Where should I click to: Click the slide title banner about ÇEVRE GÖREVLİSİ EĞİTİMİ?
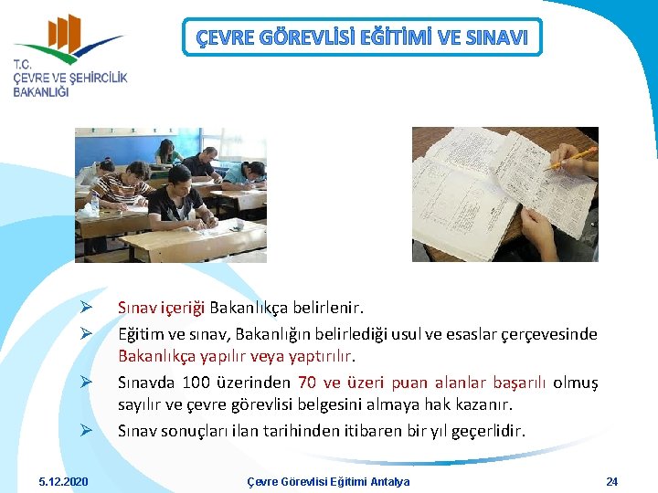click(362, 37)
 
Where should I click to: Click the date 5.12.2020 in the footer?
click(64, 481)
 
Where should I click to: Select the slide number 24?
click(612, 481)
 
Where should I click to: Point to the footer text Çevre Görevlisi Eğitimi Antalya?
click(329, 481)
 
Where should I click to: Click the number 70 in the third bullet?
click(308, 383)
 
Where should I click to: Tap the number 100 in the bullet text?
click(197, 383)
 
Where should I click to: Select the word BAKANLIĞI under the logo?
click(41, 93)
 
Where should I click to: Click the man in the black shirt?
click(179, 196)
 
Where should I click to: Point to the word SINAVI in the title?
click(496, 37)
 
